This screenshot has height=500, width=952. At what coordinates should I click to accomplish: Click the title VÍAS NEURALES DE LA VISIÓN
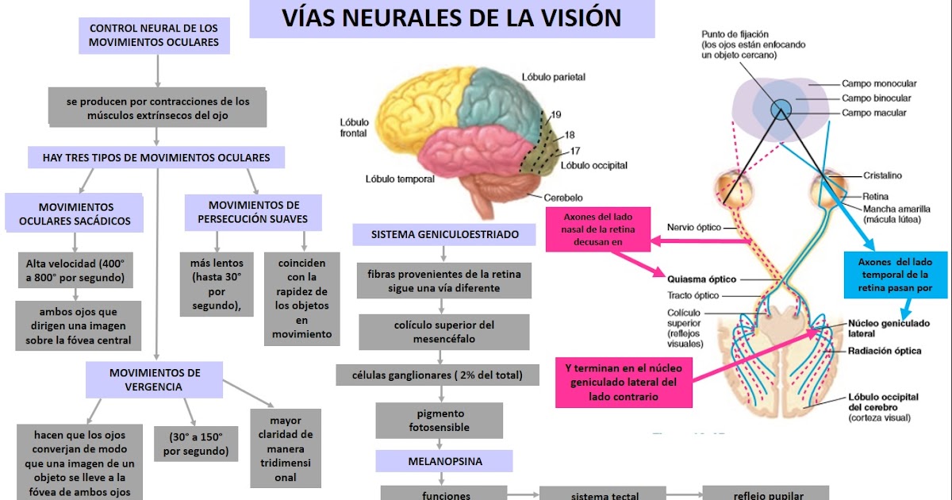coord(452,18)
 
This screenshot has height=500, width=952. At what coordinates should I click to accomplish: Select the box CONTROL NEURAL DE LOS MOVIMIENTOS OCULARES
coord(154,35)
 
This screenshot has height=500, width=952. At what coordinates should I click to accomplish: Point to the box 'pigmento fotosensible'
coord(439,421)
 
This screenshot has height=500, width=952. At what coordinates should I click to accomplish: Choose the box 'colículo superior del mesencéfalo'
coord(444,332)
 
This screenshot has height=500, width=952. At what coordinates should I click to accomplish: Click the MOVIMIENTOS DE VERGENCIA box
coord(155,379)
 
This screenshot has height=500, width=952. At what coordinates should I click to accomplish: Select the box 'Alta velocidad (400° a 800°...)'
coord(75,271)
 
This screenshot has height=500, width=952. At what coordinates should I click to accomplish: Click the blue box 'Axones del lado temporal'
coord(895,275)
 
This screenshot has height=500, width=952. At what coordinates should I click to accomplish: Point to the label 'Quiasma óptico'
coord(701,279)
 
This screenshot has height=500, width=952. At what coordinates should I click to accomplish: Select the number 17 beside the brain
coord(575,150)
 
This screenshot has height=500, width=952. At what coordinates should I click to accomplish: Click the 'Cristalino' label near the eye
coord(882,175)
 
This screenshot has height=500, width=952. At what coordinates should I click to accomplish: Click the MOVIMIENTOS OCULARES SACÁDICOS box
coord(75,214)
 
